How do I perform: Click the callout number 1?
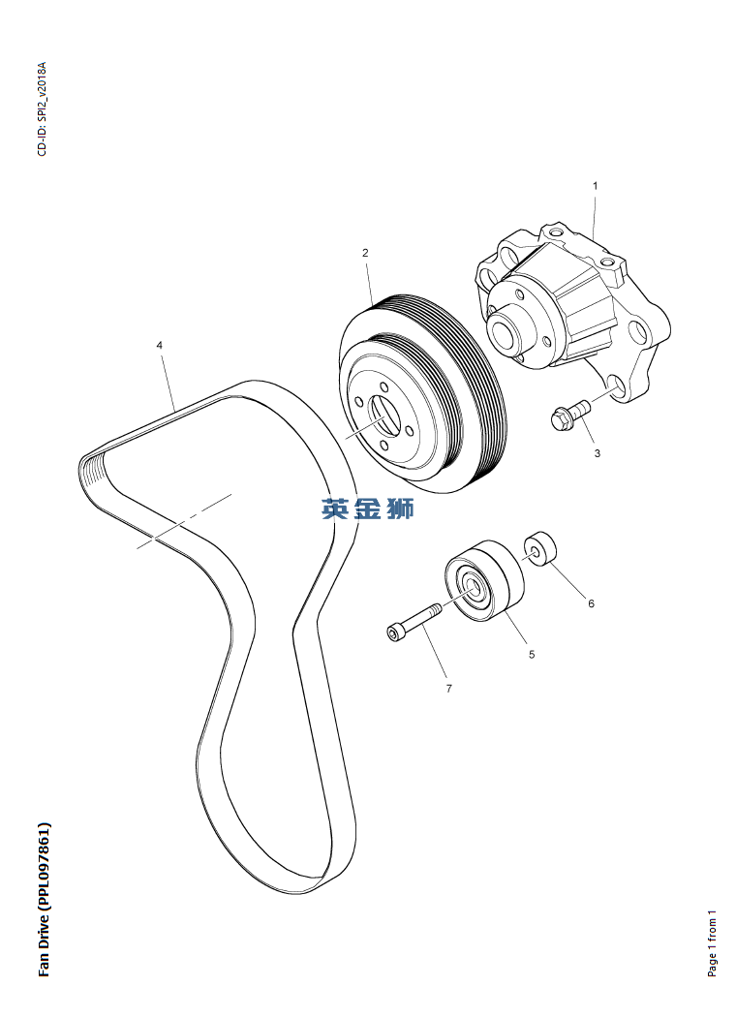click(x=596, y=186)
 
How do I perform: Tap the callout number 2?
click(x=365, y=253)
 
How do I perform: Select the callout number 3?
click(x=598, y=453)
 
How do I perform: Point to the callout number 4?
click(x=160, y=345)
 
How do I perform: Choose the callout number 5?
click(x=532, y=655)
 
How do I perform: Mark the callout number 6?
click(x=592, y=603)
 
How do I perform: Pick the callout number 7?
click(x=448, y=688)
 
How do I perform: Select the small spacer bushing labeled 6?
click(x=540, y=548)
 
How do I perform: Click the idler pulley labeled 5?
click(x=484, y=580)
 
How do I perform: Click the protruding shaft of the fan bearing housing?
click(x=506, y=328)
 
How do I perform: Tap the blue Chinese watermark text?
click(x=367, y=509)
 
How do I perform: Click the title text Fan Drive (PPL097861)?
click(x=45, y=900)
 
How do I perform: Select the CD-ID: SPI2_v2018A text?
click(x=43, y=109)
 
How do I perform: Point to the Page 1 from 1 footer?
click(x=712, y=942)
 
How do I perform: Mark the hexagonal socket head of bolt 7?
click(x=394, y=633)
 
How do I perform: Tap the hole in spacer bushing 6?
click(x=534, y=552)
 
